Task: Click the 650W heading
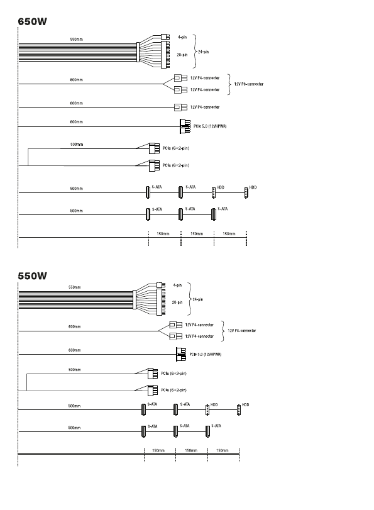[x=32, y=21]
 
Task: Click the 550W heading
[x=32, y=276]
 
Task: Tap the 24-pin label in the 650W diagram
[x=203, y=52]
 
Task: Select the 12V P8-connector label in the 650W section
[x=249, y=84]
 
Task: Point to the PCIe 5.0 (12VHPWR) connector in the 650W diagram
[x=185, y=126]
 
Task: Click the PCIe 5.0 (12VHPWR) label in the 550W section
[x=205, y=354]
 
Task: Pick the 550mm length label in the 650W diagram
[x=77, y=40]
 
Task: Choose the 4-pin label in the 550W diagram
[x=177, y=285]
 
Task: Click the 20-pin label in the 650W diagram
[x=182, y=55]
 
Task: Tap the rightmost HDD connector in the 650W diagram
[x=246, y=193]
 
